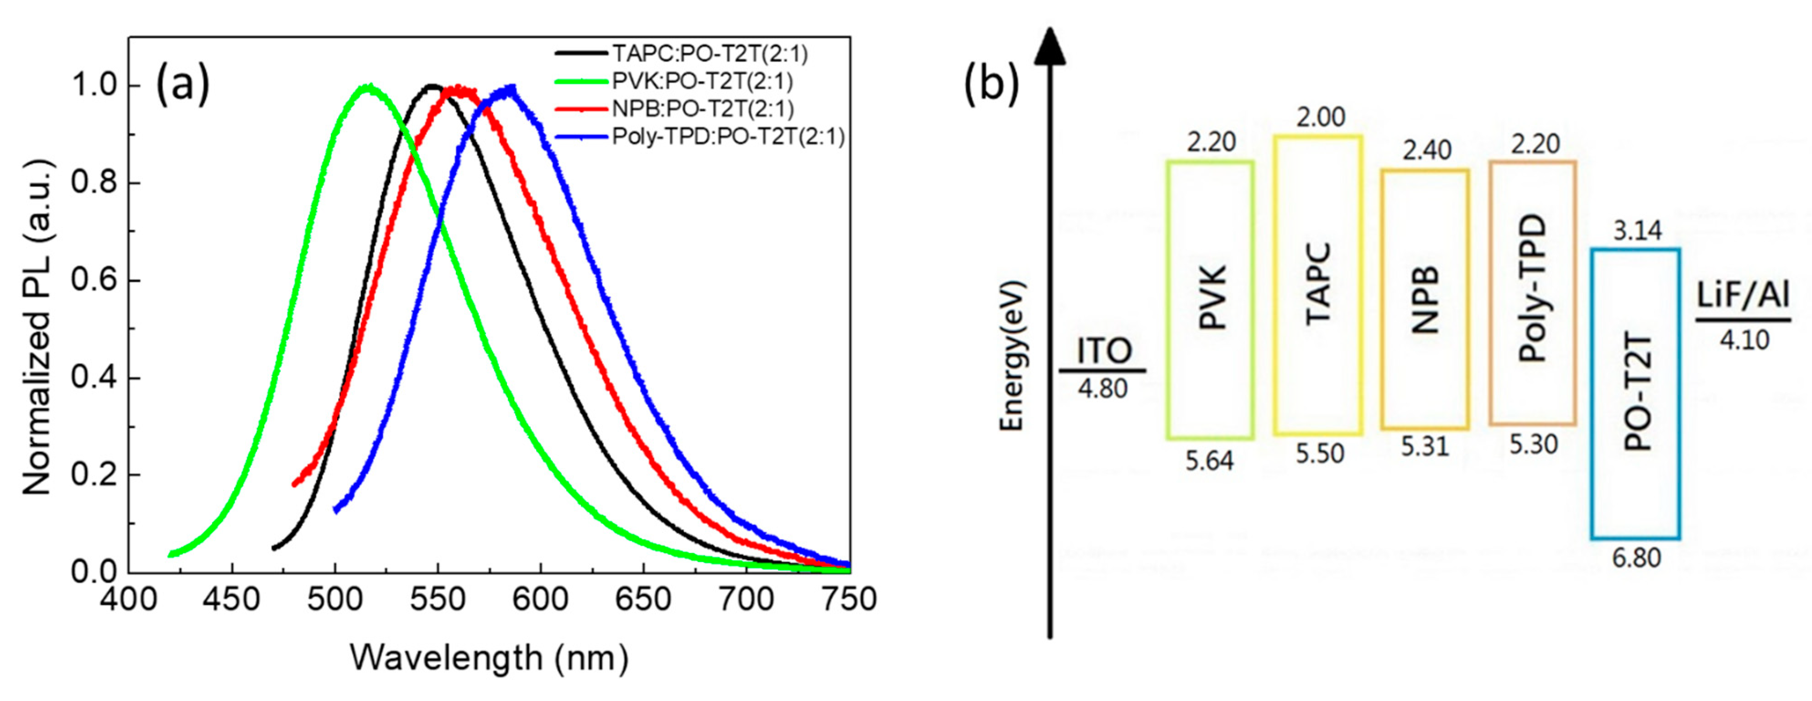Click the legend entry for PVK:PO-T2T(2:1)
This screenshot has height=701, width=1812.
pos(702,82)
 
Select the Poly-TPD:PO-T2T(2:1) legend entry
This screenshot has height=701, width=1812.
pos(728,136)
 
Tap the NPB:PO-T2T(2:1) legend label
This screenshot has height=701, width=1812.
pos(703,109)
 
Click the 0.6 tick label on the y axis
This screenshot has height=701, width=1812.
pos(96,280)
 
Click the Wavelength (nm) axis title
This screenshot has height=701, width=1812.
pos(489,658)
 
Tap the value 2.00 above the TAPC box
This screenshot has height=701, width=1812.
pos(1320,117)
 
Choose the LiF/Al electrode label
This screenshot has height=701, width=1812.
pos(1742,296)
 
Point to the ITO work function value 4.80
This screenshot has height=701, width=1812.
pos(1102,388)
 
